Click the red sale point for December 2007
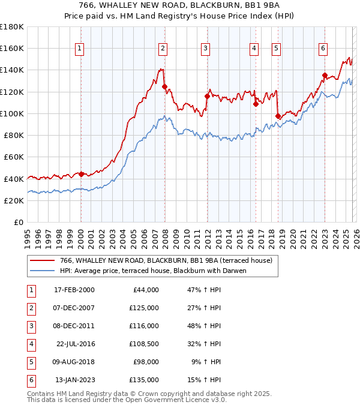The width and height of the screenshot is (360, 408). pos(164,86)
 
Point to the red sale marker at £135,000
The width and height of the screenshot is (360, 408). pos(325,76)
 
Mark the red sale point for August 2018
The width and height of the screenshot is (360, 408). pos(278,116)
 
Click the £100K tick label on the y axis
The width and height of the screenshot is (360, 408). pos(12,113)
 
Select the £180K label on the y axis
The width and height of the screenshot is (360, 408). pos(12,27)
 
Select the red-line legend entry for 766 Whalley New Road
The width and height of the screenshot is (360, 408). pos(166,260)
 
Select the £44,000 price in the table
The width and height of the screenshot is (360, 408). pos(145,290)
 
